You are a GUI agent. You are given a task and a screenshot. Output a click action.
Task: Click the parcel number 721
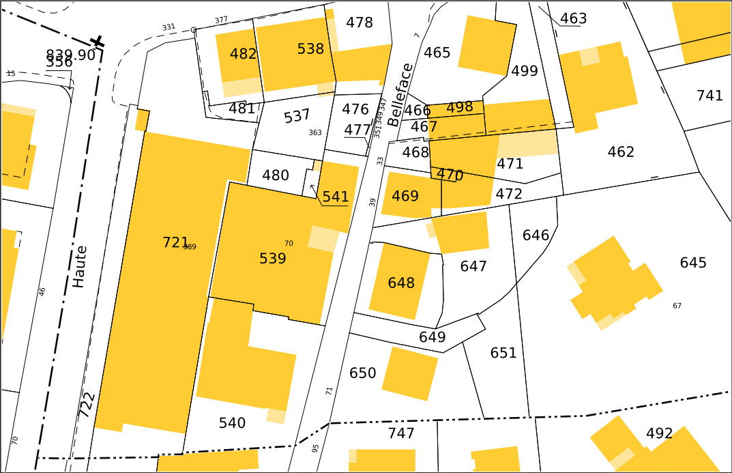tap(175, 242)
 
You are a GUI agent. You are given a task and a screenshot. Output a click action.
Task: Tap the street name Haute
tap(80, 266)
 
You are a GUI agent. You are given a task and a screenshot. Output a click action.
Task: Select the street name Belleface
tap(400, 95)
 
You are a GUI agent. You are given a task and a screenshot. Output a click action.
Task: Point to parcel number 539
tap(272, 259)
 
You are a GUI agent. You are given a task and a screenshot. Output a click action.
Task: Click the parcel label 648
tap(400, 283)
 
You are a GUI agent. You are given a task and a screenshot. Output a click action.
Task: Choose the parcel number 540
tap(232, 423)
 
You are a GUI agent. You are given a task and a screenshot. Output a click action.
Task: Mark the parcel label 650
tap(362, 373)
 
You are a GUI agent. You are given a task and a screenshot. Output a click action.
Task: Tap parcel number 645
tap(693, 263)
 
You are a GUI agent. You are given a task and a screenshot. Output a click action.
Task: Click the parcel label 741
tap(709, 96)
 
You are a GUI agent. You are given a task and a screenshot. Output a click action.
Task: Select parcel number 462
tap(621, 152)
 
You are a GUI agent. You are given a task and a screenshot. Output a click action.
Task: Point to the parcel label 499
tap(524, 71)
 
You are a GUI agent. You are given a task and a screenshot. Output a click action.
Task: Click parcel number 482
tap(243, 54)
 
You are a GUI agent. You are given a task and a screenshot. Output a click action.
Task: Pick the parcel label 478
tap(359, 23)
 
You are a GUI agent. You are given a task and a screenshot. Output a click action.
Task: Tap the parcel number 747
tap(401, 433)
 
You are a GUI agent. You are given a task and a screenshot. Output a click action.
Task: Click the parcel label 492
tap(659, 433)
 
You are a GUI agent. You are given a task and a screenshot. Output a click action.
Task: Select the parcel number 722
tap(86, 404)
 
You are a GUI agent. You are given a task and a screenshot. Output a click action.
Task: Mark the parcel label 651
tap(503, 353)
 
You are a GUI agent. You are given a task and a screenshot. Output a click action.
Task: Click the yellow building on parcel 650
tap(409, 373)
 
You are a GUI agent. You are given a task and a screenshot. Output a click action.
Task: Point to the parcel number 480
tap(276, 175)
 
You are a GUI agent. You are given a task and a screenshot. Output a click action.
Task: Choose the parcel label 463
tap(573, 18)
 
